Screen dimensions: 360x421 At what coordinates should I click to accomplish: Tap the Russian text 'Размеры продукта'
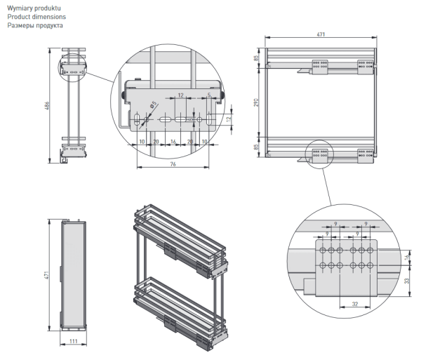[x=35, y=25]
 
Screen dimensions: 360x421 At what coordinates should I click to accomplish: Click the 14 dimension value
[x=408, y=258]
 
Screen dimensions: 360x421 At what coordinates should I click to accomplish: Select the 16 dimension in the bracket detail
[x=173, y=141]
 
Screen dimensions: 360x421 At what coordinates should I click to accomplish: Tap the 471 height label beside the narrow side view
[x=48, y=276]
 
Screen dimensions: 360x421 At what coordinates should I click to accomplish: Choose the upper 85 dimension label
[x=257, y=59]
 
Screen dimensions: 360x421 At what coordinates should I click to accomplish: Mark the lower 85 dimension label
[x=257, y=148]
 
